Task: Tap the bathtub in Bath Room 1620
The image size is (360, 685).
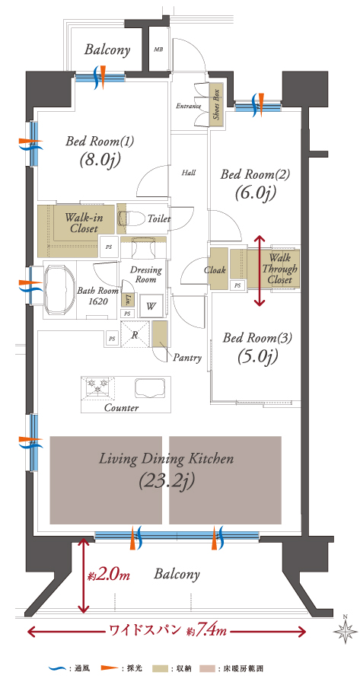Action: pyautogui.click(x=60, y=289)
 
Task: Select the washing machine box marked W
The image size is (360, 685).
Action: pyautogui.click(x=150, y=305)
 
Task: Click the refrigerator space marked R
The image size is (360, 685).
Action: pyautogui.click(x=135, y=335)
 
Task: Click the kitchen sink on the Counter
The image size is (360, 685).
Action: pyautogui.click(x=151, y=388)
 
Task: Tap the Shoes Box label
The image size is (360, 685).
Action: pyautogui.click(x=216, y=104)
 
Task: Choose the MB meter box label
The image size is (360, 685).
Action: pyautogui.click(x=158, y=49)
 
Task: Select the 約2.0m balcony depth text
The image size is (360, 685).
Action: pyautogui.click(x=109, y=575)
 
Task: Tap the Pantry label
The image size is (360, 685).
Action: pyautogui.click(x=187, y=358)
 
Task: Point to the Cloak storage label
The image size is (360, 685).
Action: pyautogui.click(x=215, y=270)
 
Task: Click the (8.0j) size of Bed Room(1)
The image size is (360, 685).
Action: pyautogui.click(x=99, y=161)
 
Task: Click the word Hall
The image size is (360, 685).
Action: pyautogui.click(x=188, y=173)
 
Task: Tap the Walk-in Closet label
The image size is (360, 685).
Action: pyautogui.click(x=81, y=223)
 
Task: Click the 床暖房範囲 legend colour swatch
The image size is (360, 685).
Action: pyautogui.click(x=205, y=668)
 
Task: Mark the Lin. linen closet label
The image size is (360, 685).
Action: pyautogui.click(x=128, y=299)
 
